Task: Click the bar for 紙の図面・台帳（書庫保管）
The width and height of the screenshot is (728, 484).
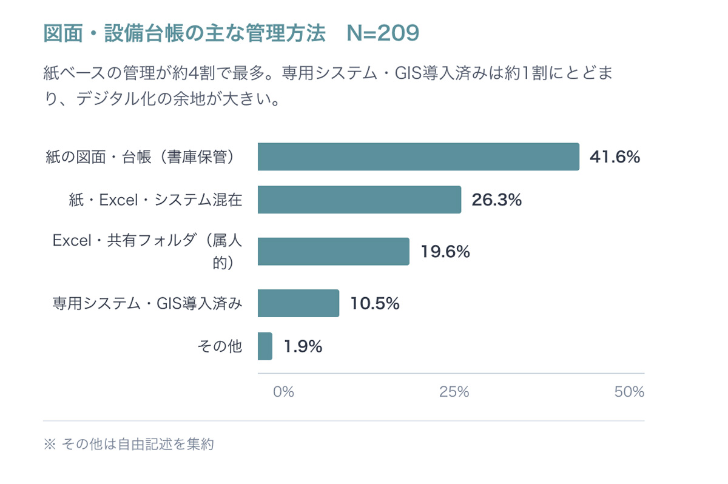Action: pos(418,157)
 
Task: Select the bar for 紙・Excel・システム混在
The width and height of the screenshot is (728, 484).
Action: pos(359,200)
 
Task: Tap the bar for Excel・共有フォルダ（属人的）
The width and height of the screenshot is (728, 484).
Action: pos(333,251)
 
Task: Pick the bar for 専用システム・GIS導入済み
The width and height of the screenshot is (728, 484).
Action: pos(298,303)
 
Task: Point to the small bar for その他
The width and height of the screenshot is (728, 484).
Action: pos(265,346)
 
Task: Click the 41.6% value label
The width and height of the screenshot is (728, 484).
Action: pos(615,158)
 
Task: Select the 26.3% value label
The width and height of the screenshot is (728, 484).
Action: pos(496,200)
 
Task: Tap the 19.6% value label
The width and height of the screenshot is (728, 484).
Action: pos(445,252)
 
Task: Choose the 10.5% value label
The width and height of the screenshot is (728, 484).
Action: pos(374,303)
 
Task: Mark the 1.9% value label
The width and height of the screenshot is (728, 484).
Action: pos(303,346)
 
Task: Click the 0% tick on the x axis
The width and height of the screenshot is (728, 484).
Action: pos(283,392)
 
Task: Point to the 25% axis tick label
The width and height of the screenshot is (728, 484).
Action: pos(454,392)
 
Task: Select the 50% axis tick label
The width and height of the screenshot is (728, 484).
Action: pos(629,392)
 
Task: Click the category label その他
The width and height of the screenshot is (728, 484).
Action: pos(220,346)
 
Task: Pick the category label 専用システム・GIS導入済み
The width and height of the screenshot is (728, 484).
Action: pos(147,303)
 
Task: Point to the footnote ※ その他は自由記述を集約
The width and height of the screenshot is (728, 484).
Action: pos(129,444)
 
